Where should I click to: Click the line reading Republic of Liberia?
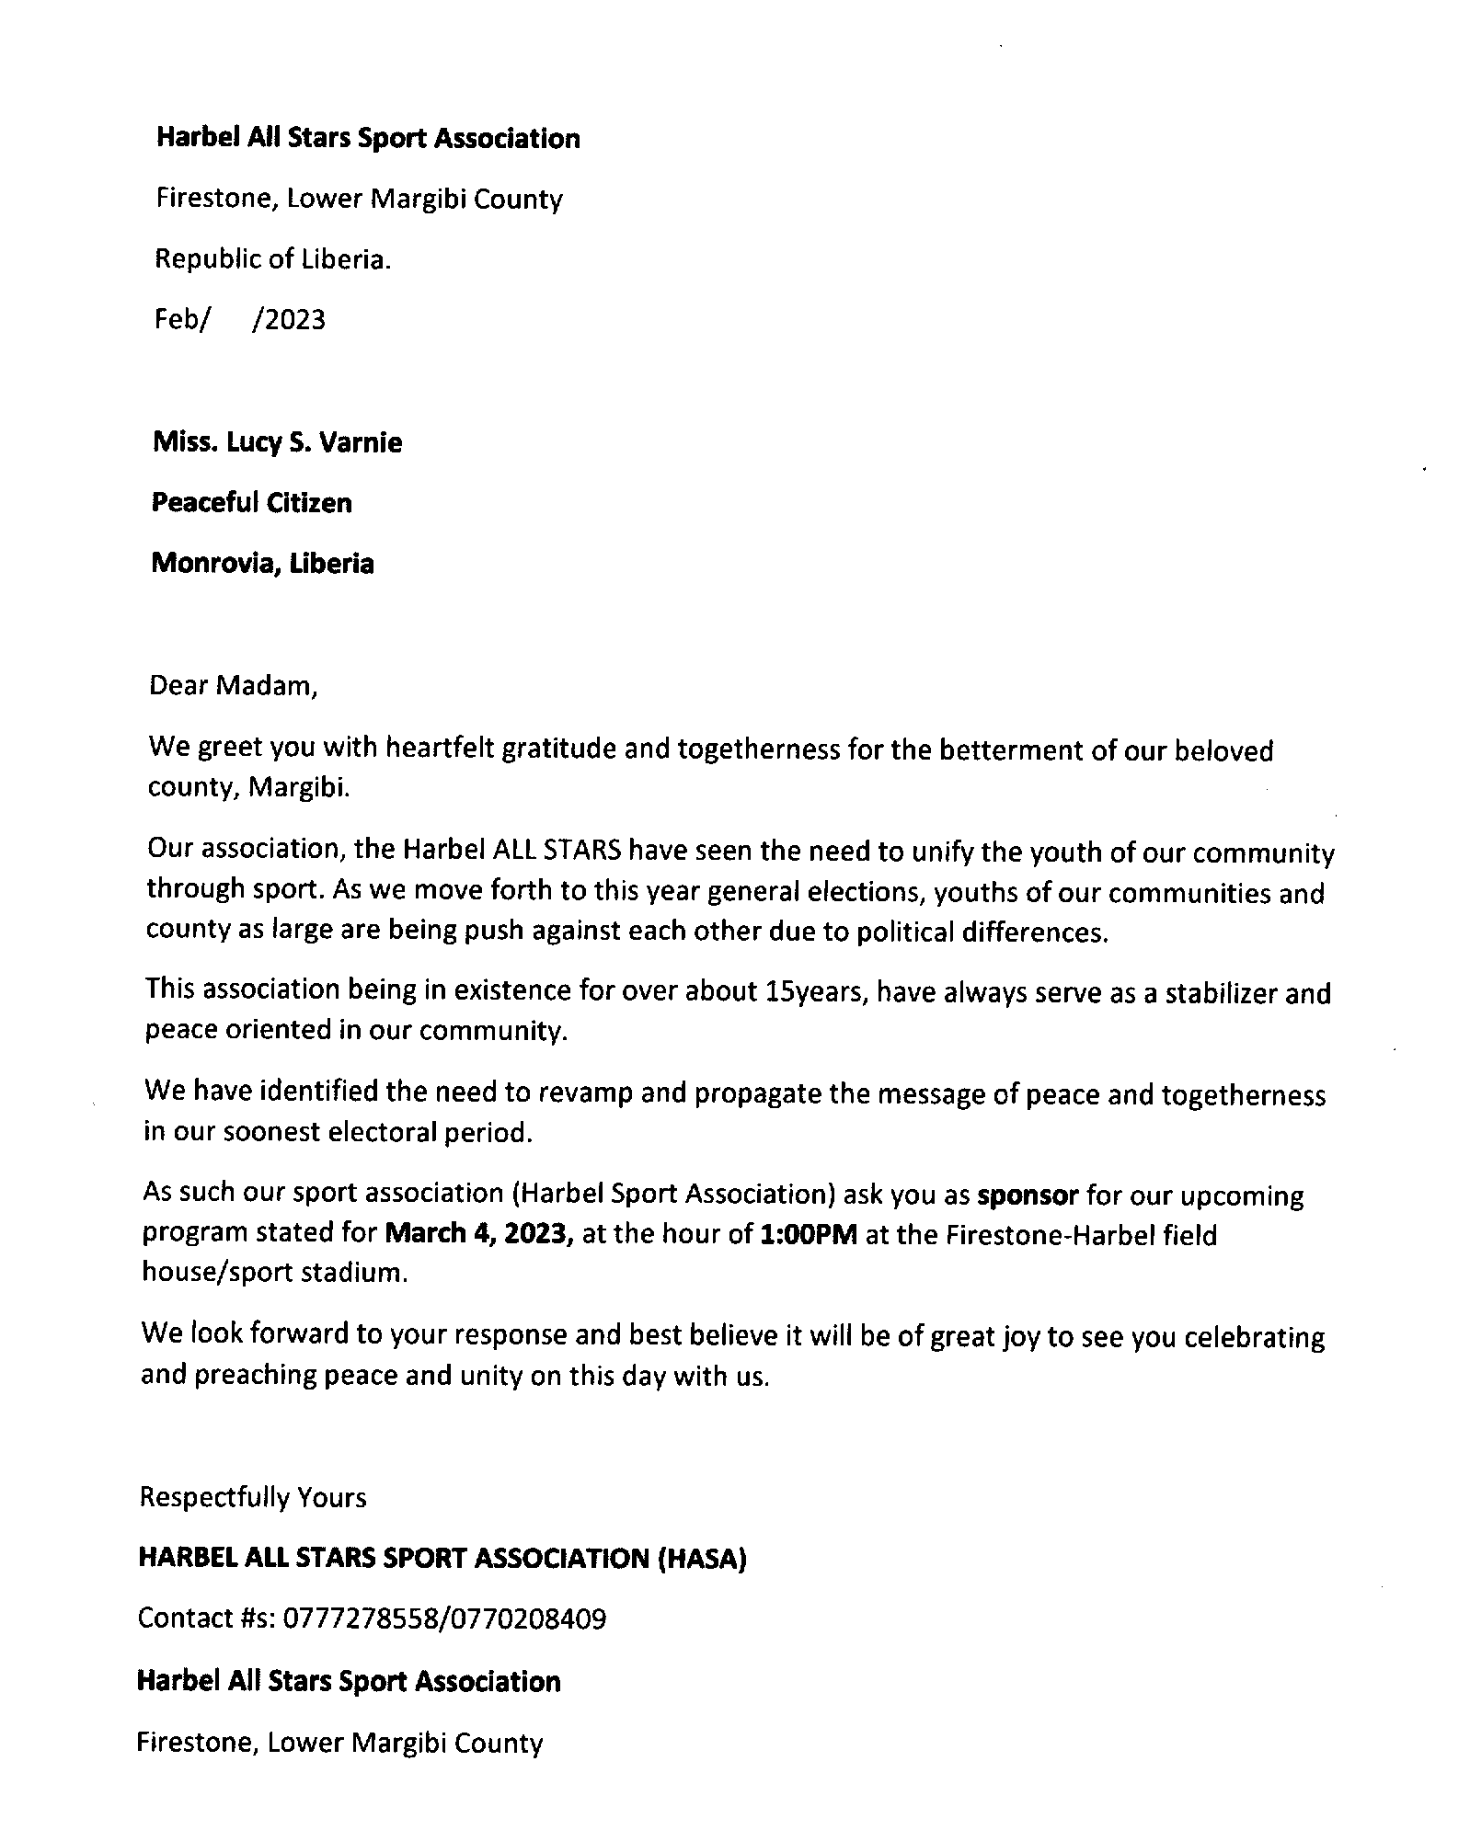[272, 259]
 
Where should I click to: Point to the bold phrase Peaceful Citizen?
[251, 502]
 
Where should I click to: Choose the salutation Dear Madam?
[233, 685]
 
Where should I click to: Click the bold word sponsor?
[1027, 1195]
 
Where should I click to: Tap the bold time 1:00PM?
[810, 1233]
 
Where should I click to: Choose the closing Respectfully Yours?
[252, 1497]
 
